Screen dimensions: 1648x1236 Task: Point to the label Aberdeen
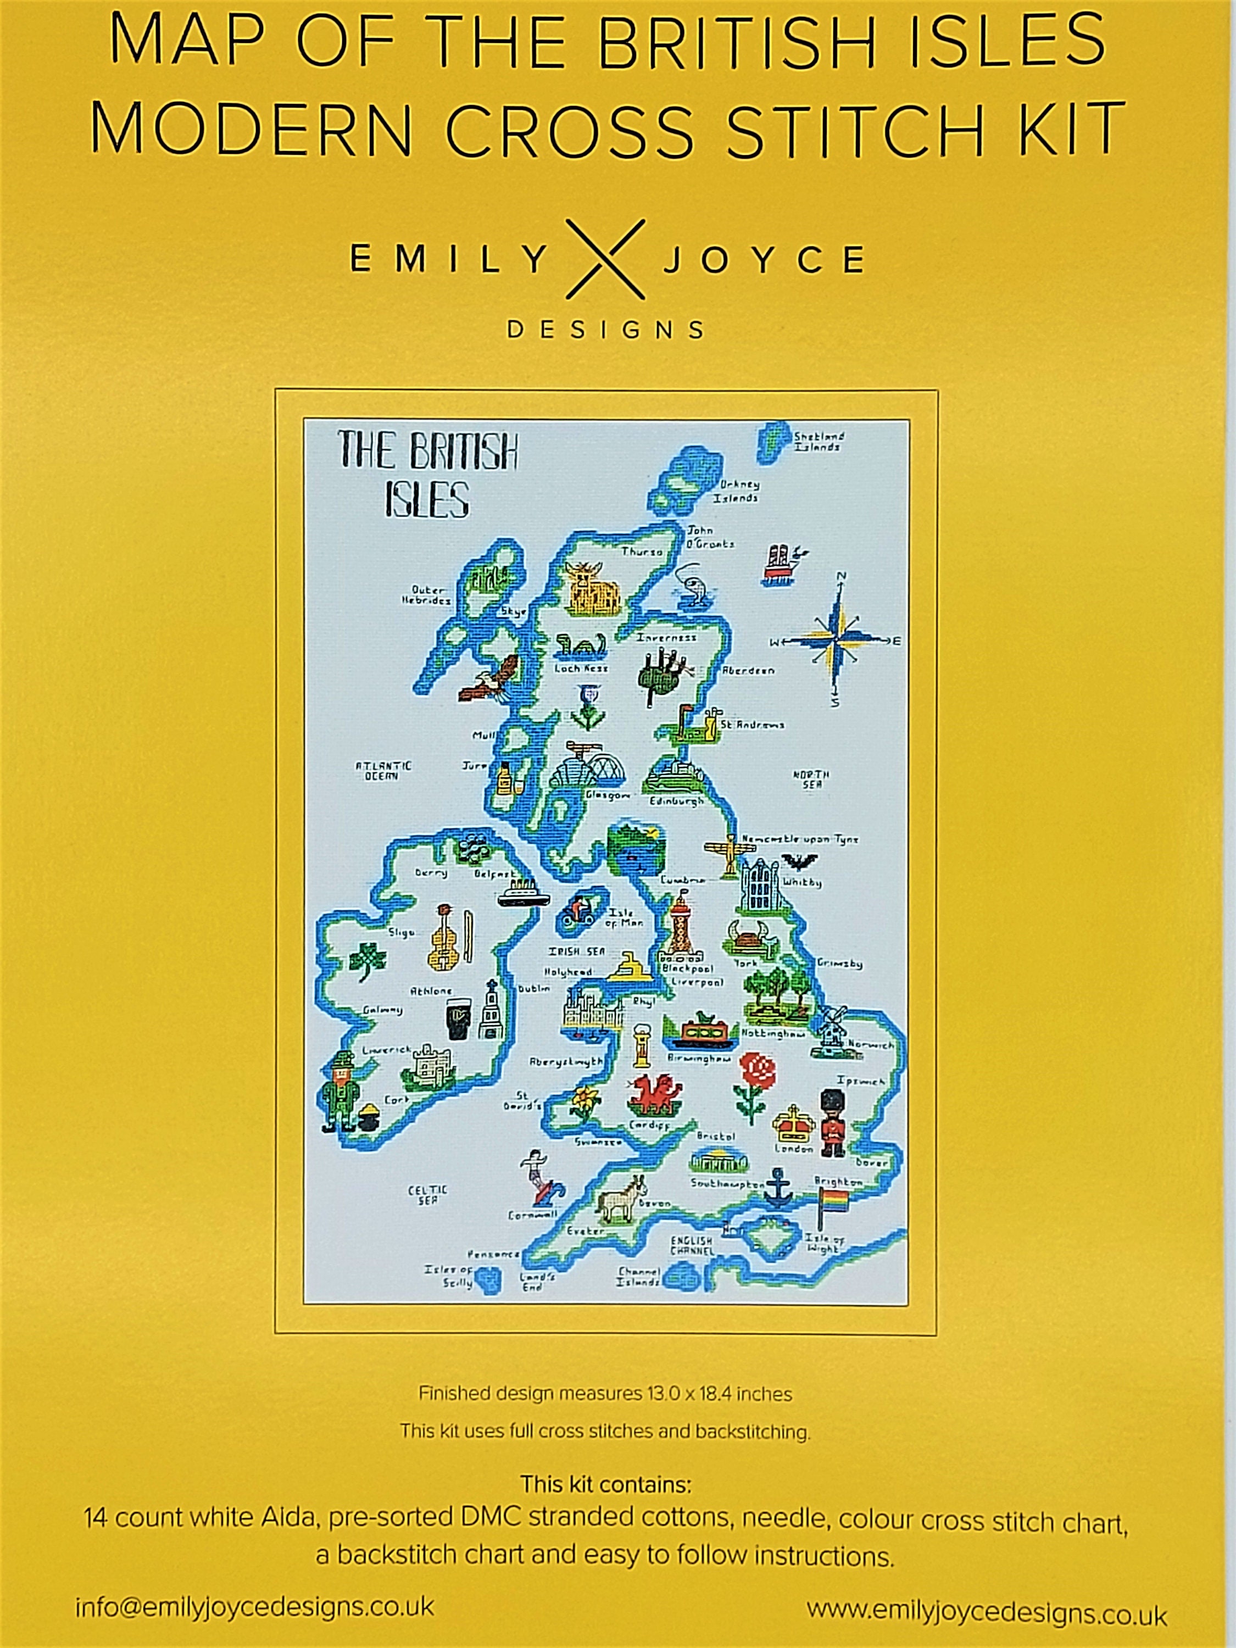pyautogui.click(x=749, y=671)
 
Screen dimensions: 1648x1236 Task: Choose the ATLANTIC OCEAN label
pyautogui.click(x=383, y=770)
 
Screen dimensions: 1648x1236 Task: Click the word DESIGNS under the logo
pyautogui.click(x=605, y=329)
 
